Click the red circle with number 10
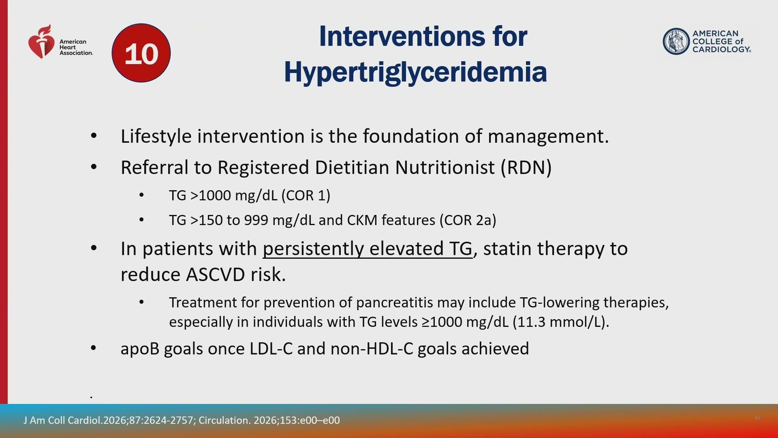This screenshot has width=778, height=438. (x=141, y=53)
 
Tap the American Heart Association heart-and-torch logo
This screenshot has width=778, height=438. (x=41, y=41)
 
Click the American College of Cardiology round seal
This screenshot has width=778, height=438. (x=676, y=41)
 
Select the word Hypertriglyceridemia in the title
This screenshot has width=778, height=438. (x=415, y=72)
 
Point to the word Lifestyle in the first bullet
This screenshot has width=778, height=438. (x=156, y=137)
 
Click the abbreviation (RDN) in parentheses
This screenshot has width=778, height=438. (x=526, y=167)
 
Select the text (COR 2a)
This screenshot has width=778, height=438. (x=468, y=220)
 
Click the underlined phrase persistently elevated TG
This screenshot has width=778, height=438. (x=368, y=249)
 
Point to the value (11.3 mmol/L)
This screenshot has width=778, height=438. (x=561, y=322)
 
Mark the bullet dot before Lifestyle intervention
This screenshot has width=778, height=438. (x=94, y=136)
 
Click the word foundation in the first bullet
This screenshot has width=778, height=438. (x=411, y=136)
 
